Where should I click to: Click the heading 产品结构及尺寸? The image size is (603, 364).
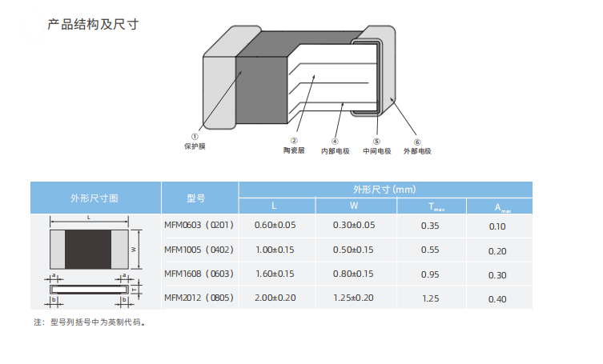click(x=93, y=24)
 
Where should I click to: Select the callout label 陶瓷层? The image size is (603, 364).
click(x=294, y=150)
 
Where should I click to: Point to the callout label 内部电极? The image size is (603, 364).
click(x=335, y=150)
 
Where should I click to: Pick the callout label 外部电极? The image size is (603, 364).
click(x=417, y=150)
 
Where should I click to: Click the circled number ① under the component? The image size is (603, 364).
click(x=195, y=137)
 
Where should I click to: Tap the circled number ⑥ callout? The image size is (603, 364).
click(x=417, y=141)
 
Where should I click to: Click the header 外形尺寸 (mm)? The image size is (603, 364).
click(x=384, y=190)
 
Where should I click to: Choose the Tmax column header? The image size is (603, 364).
click(x=430, y=206)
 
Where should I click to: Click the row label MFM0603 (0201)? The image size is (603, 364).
click(x=199, y=226)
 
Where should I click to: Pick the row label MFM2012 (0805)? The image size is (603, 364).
click(x=199, y=298)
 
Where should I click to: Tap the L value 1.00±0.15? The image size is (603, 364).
click(x=275, y=250)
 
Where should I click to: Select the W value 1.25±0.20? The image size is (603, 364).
click(x=353, y=298)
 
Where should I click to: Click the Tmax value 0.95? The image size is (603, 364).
click(x=430, y=274)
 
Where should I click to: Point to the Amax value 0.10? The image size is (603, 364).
click(x=497, y=226)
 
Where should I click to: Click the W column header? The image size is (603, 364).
click(x=353, y=206)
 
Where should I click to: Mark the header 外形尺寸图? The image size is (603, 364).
click(x=94, y=198)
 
